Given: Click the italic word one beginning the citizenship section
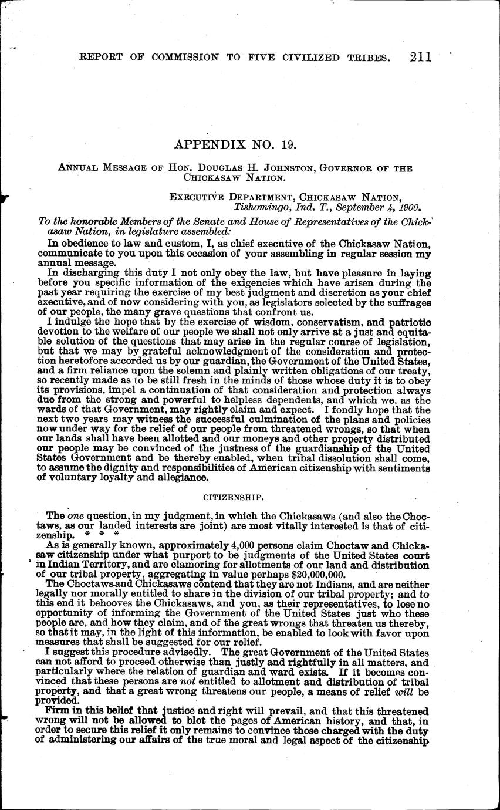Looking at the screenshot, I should [76, 516].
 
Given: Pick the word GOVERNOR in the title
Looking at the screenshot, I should [350, 168].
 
